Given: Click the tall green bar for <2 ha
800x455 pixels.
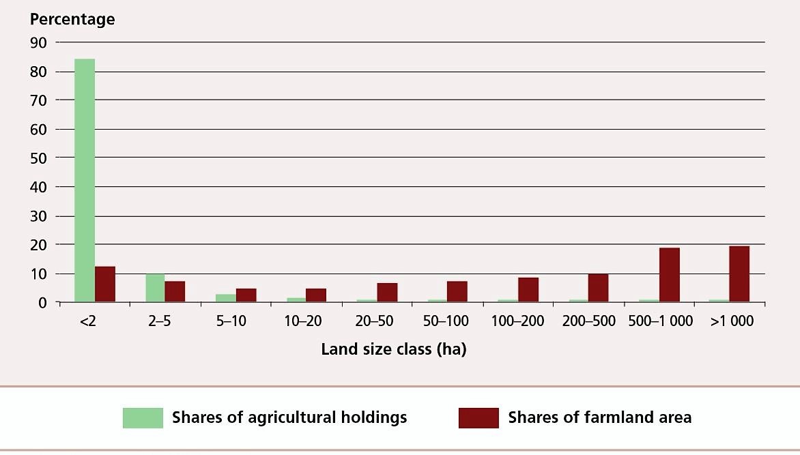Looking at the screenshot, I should [85, 180].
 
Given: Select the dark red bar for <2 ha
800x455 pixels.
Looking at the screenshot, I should [104, 284].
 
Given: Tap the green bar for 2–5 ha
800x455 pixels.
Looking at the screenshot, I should [155, 287].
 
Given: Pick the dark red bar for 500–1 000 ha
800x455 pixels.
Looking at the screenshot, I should [669, 274].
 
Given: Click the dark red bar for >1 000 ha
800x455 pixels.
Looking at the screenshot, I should [739, 274].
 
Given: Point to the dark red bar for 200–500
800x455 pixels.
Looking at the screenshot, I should [598, 287].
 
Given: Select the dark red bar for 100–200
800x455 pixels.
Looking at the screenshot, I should [528, 289].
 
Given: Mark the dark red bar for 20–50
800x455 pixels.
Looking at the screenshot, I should [387, 292].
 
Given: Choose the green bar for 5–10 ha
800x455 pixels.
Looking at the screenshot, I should [226, 297].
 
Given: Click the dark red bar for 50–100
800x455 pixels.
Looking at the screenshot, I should [457, 291].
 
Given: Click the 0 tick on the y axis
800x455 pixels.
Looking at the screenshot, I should [42, 302].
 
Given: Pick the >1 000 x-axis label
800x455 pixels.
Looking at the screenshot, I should [731, 321].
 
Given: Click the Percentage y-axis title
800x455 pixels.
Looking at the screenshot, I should [72, 19].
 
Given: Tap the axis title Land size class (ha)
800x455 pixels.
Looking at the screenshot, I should [394, 349].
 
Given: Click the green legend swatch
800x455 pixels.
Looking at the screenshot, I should [143, 417].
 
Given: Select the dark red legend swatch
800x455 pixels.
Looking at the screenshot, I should [478, 417].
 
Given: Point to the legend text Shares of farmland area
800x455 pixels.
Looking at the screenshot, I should [599, 417].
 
